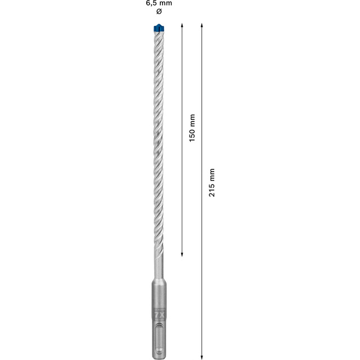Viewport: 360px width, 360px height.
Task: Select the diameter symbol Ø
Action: pyautogui.click(x=158, y=12)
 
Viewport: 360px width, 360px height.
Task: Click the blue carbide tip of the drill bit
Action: pyautogui.click(x=158, y=28)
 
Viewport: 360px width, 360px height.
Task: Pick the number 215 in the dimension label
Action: pyautogui.click(x=212, y=190)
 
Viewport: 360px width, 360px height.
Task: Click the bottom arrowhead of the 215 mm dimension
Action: pyautogui.click(x=201, y=355)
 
